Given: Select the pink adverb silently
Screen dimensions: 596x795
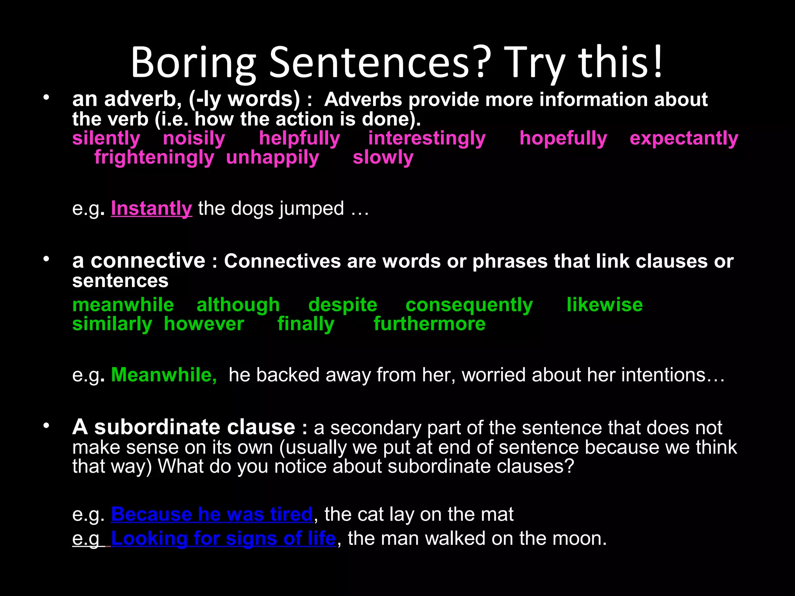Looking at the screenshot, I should point(106,138).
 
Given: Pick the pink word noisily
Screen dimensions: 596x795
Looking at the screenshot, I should point(194,138).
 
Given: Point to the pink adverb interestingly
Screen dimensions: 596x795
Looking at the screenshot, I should point(427,138).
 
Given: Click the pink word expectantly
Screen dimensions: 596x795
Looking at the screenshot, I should point(684,138).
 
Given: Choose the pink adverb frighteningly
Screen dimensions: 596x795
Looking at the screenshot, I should point(154,158).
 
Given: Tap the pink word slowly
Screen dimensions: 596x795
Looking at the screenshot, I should point(383,158).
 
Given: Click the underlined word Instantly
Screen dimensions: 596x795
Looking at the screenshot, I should point(151,208).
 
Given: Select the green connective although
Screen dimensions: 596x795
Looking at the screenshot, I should point(238,305).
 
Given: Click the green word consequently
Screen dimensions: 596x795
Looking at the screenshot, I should point(469,305).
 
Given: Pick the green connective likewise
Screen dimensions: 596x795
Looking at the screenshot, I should point(604,305).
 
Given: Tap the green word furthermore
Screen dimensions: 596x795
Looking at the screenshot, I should point(429,324).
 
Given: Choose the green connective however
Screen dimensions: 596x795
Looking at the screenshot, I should point(204,324).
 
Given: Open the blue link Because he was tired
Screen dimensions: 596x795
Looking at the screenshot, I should point(212,514).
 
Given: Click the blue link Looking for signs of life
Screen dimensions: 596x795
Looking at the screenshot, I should point(223,538).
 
